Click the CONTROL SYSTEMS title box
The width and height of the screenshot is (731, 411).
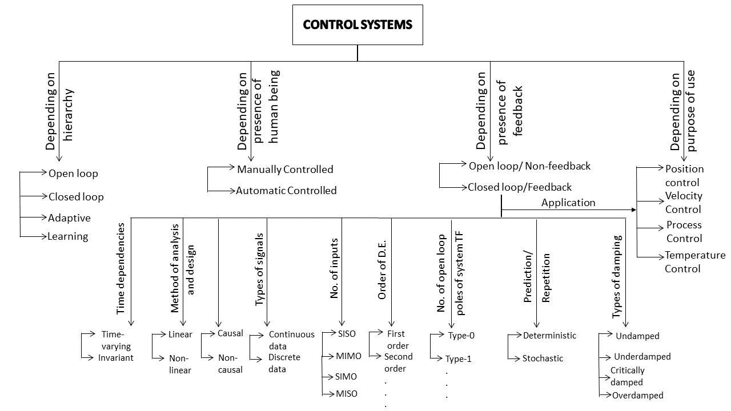click(358, 25)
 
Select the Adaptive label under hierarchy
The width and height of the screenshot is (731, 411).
click(69, 218)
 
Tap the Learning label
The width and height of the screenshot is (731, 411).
click(68, 236)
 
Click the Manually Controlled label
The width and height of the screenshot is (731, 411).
click(285, 170)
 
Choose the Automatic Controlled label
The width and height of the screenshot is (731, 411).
click(286, 191)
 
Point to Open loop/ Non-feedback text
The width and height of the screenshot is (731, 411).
click(529, 166)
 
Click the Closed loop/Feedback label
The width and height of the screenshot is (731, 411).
click(520, 187)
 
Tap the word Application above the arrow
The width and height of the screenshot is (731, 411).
click(568, 203)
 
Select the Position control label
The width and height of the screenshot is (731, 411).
click(684, 175)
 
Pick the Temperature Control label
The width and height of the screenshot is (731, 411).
click(695, 262)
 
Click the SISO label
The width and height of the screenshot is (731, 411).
click(347, 334)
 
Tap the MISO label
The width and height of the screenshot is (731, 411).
click(347, 394)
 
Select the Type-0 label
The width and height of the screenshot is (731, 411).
click(461, 335)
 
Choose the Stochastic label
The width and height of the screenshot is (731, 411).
click(543, 358)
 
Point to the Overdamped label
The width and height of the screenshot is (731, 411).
click(638, 396)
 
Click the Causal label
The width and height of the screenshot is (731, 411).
click(230, 333)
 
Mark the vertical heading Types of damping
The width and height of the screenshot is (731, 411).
click(616, 277)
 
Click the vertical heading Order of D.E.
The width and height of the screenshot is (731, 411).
click(382, 270)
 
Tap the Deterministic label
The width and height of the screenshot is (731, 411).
click(549, 336)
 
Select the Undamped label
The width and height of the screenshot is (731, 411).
click(637, 336)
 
